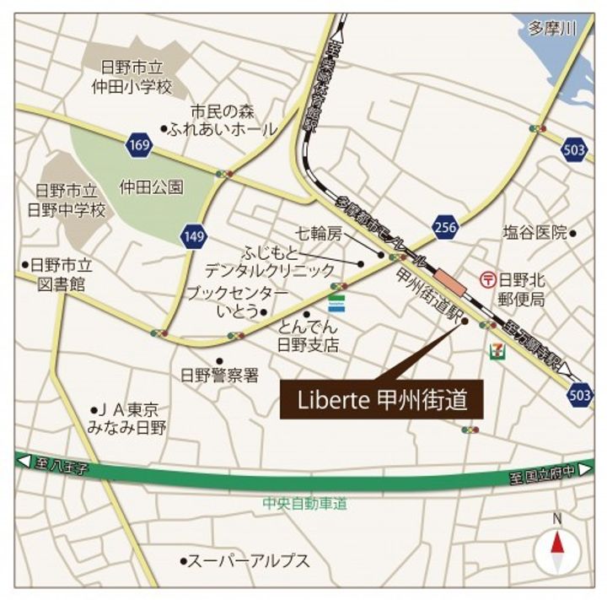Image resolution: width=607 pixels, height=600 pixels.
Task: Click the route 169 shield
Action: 142,145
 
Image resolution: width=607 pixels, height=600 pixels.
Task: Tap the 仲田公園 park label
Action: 151,187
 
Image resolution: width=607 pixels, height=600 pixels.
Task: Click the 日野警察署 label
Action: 219,375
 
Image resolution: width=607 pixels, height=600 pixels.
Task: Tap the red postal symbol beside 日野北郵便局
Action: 487,278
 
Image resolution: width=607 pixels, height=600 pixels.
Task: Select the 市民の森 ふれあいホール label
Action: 222,121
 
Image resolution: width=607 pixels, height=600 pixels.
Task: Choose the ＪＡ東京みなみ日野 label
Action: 128,419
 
